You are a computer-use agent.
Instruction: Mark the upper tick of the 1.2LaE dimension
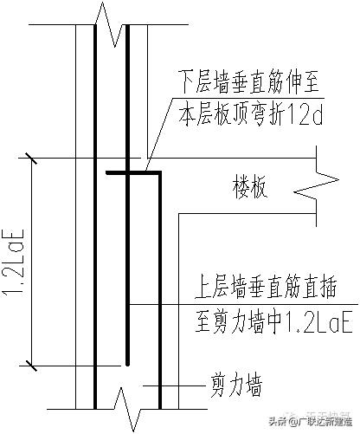[32, 159]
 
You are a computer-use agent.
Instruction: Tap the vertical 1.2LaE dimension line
[32, 260]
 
